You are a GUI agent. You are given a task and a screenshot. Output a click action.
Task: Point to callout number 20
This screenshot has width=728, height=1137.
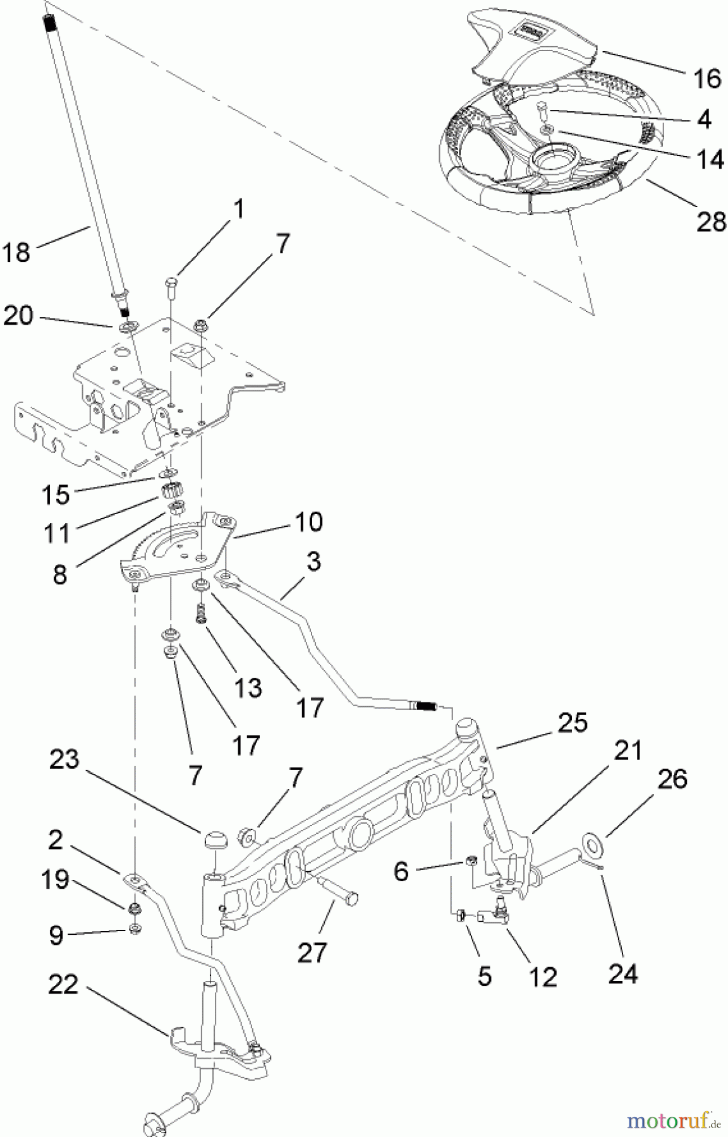[x=18, y=315]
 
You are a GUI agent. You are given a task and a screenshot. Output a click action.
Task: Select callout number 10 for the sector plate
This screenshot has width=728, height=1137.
[x=308, y=522]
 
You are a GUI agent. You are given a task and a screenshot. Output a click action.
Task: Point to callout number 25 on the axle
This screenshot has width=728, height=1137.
[x=571, y=723]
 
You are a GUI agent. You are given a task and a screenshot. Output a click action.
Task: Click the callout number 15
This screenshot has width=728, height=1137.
[x=56, y=495]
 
